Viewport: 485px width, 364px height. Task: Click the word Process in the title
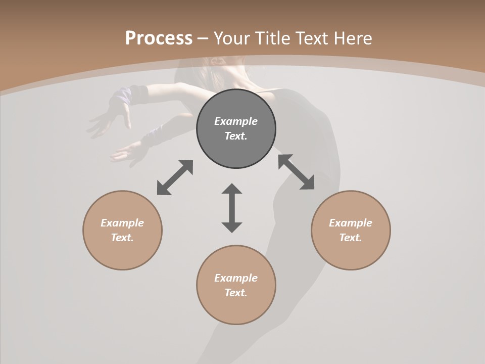[159, 38]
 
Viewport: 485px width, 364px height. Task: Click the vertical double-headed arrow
[232, 208]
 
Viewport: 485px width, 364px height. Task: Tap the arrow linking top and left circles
[175, 177]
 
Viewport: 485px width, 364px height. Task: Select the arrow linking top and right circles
[296, 172]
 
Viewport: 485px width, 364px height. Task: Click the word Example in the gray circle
[236, 121]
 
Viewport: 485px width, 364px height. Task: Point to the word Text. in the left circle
[122, 238]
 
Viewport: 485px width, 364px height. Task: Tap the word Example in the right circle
[351, 223]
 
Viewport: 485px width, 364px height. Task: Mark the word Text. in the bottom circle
[236, 293]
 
